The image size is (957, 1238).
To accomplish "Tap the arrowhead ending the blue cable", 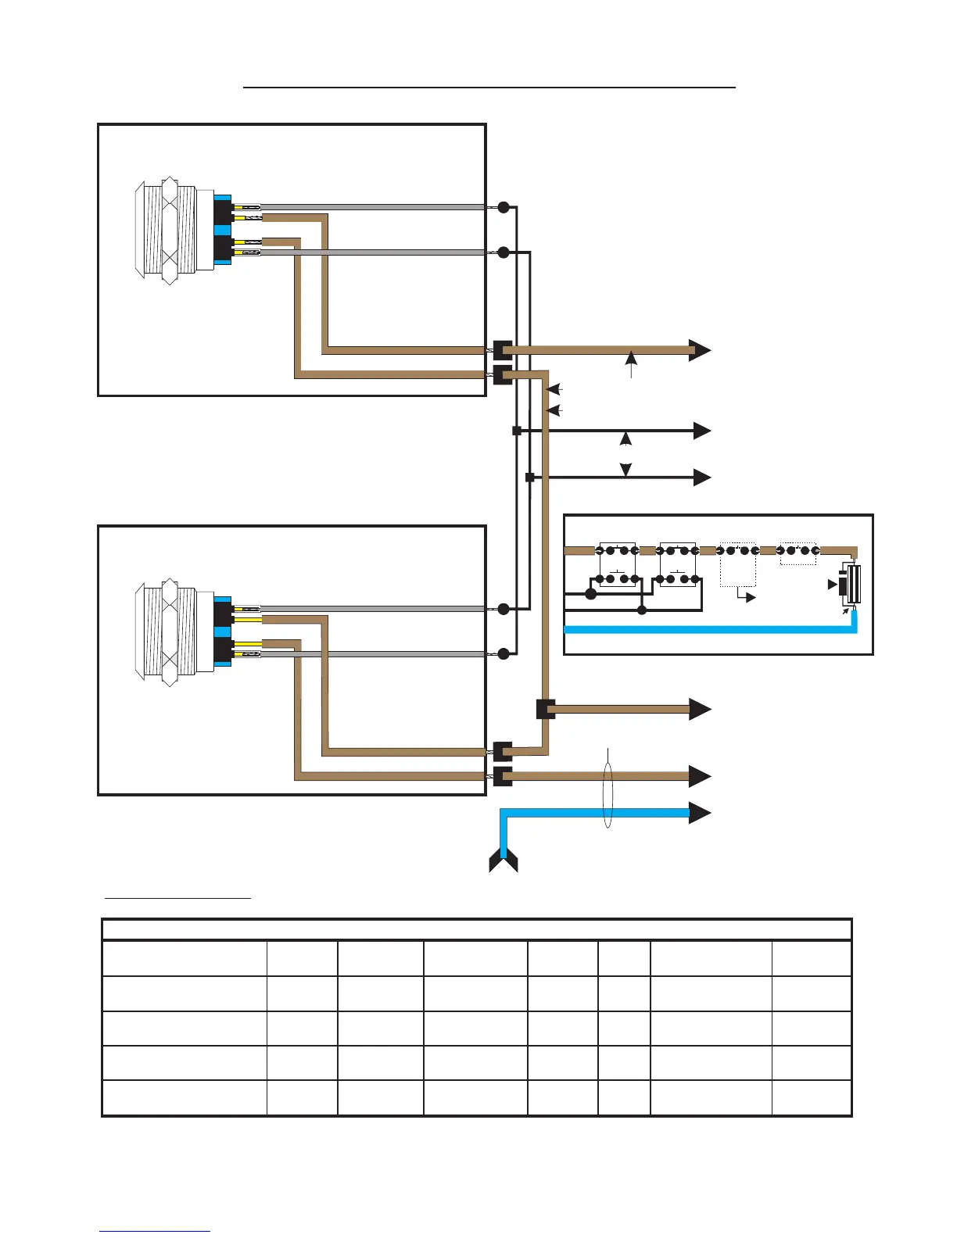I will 700,813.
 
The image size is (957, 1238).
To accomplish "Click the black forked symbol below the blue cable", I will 504,863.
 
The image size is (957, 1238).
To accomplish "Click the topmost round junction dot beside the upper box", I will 504,207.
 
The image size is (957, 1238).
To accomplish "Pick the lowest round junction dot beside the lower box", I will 504,653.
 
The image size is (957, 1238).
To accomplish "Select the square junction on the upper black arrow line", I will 516,431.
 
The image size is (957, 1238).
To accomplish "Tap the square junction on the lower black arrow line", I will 529,477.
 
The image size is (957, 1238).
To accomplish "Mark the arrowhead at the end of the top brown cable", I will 700,350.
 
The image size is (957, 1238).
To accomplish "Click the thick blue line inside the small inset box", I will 704,628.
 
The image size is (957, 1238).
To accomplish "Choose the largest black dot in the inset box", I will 591,594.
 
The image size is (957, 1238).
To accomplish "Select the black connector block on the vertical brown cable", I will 546,709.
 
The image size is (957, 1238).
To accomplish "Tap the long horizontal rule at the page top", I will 489,88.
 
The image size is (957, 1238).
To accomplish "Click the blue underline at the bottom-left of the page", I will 155,1231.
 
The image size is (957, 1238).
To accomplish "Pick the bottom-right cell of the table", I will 811,1098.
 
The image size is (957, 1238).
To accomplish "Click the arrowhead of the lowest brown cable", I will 700,776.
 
